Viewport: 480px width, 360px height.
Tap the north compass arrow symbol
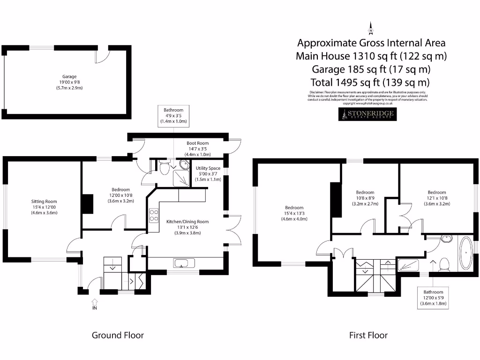coord(371,29)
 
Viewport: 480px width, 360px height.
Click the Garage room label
coord(69,82)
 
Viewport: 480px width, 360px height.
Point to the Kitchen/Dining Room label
coord(187,227)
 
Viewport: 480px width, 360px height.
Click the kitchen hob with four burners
coord(153,215)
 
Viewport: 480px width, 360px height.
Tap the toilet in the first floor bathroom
coord(443,265)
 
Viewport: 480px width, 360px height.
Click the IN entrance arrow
coord(94,304)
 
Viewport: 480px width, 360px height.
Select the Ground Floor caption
coord(118,335)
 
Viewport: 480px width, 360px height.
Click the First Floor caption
coord(368,335)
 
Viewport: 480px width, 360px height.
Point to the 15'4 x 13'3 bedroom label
coord(294,213)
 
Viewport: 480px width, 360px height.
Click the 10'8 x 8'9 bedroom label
coord(365,198)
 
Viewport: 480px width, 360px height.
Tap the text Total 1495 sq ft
coord(370,82)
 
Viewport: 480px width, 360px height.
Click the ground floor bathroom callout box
coord(173,116)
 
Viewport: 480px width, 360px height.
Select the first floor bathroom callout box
coord(433,298)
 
